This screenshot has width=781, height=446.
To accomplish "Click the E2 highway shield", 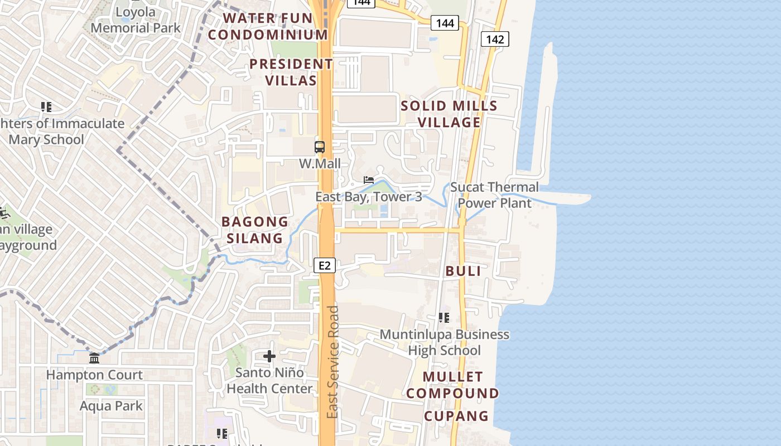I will click(x=325, y=265).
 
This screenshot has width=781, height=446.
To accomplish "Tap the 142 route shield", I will click(x=495, y=39).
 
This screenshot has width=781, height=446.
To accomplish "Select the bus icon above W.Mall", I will click(x=320, y=147).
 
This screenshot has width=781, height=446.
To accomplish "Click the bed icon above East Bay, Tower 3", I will click(x=369, y=180).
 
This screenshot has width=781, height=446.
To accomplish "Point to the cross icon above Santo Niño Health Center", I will click(x=269, y=356).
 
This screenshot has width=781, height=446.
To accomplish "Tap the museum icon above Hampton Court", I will click(x=94, y=358).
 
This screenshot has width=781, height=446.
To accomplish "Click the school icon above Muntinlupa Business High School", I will click(x=444, y=318).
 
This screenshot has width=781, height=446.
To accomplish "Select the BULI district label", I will click(x=463, y=271).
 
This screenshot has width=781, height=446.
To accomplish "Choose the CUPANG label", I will click(x=456, y=416).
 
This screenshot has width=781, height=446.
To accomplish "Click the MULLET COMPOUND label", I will click(x=452, y=385).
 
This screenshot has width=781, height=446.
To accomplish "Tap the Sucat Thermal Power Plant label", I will click(x=494, y=195).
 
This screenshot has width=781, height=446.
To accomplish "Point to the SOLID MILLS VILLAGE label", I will click(x=449, y=114).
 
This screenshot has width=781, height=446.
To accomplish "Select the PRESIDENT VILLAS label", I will click(x=291, y=72).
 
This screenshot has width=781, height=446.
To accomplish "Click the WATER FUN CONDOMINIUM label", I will click(x=268, y=26).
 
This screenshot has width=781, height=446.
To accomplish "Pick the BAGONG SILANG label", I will click(x=255, y=230).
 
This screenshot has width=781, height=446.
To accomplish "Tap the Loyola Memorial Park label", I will click(x=136, y=20).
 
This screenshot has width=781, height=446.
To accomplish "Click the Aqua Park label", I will click(x=111, y=406).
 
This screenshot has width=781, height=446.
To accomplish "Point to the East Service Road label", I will click(x=333, y=362).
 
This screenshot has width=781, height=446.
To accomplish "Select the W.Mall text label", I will click(x=320, y=164).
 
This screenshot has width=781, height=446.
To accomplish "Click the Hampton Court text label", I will click(x=94, y=375).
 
